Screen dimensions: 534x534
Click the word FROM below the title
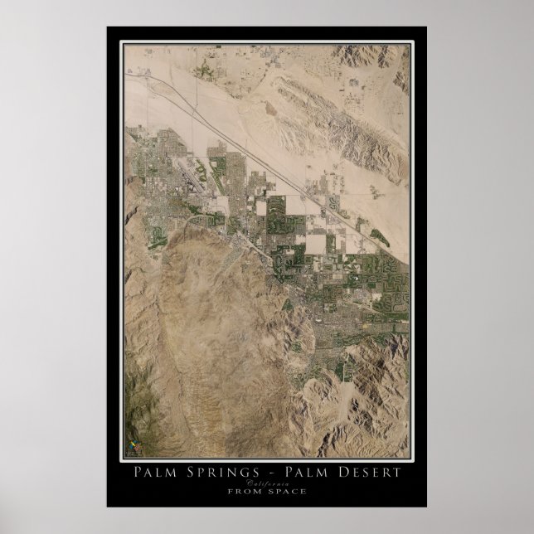(242, 492)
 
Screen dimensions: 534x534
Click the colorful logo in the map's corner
(132, 448)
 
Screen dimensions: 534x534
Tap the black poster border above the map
(266, 35)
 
